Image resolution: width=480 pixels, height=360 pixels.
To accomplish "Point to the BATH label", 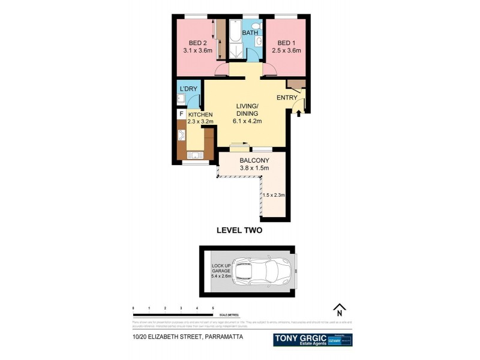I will [250, 33].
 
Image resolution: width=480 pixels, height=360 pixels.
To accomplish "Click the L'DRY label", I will [189, 89].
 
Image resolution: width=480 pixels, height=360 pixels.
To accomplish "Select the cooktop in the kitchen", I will [181, 136].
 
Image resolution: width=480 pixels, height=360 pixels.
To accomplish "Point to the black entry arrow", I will [298, 112].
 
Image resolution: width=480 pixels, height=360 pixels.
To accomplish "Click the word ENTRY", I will [287, 98].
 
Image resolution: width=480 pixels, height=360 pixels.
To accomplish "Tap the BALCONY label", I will [254, 160].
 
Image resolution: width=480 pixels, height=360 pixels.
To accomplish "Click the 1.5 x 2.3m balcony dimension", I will [274, 194].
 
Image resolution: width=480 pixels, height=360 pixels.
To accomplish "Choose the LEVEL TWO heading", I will [239, 230].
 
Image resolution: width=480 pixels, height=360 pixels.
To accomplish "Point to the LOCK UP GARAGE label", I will [220, 270].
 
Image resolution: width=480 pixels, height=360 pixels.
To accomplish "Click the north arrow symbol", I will [339, 309].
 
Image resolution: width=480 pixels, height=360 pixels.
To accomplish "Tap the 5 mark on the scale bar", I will [212, 308].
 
